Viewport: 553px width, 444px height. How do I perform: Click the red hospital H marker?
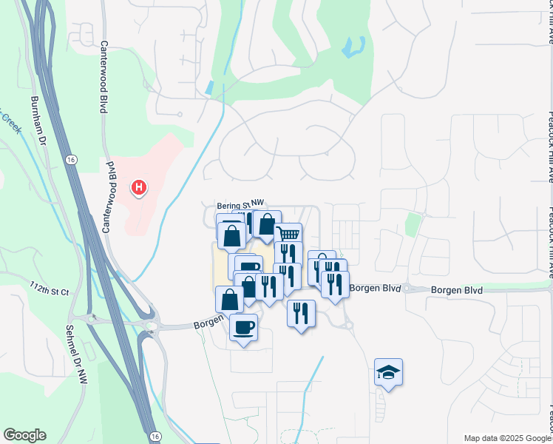pyautogui.click(x=138, y=188)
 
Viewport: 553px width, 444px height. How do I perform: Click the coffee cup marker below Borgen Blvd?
pyautogui.click(x=243, y=326)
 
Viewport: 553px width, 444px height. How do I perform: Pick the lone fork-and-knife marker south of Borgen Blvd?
pyautogui.click(x=301, y=312)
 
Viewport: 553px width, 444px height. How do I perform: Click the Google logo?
pyautogui.click(x=24, y=435)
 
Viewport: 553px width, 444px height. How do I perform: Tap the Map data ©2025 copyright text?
pyautogui.click(x=504, y=437)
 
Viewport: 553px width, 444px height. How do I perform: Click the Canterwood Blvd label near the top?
pyautogui.click(x=101, y=78)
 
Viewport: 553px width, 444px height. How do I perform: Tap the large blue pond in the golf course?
pyautogui.click(x=353, y=48)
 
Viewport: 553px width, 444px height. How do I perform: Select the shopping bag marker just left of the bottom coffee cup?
pyautogui.click(x=229, y=299)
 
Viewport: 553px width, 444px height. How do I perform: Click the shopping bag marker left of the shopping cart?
pyautogui.click(x=265, y=223)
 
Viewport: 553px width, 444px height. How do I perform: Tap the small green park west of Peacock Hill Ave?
pyautogui.click(x=412, y=223)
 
